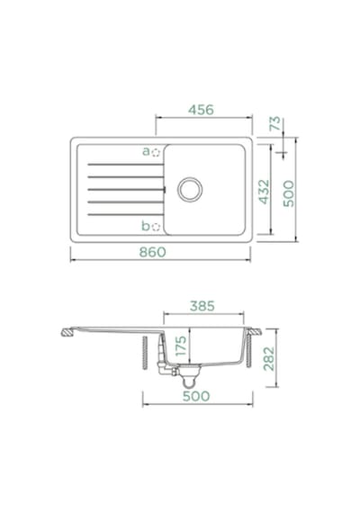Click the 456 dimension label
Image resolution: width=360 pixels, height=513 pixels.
[x=201, y=110]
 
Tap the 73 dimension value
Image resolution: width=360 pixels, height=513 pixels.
[x=275, y=123]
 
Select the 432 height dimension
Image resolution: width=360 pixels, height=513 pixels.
[x=264, y=192]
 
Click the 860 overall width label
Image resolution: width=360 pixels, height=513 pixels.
[x=152, y=252]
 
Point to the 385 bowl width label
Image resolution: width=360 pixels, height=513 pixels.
[x=202, y=306]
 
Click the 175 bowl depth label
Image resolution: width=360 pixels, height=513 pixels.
[x=181, y=346]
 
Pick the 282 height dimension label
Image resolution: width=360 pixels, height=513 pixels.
[x=269, y=358]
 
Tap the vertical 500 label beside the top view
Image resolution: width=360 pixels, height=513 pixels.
[x=289, y=193]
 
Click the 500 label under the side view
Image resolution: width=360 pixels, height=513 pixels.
[x=196, y=396]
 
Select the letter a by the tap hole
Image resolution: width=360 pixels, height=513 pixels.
[x=146, y=151]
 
